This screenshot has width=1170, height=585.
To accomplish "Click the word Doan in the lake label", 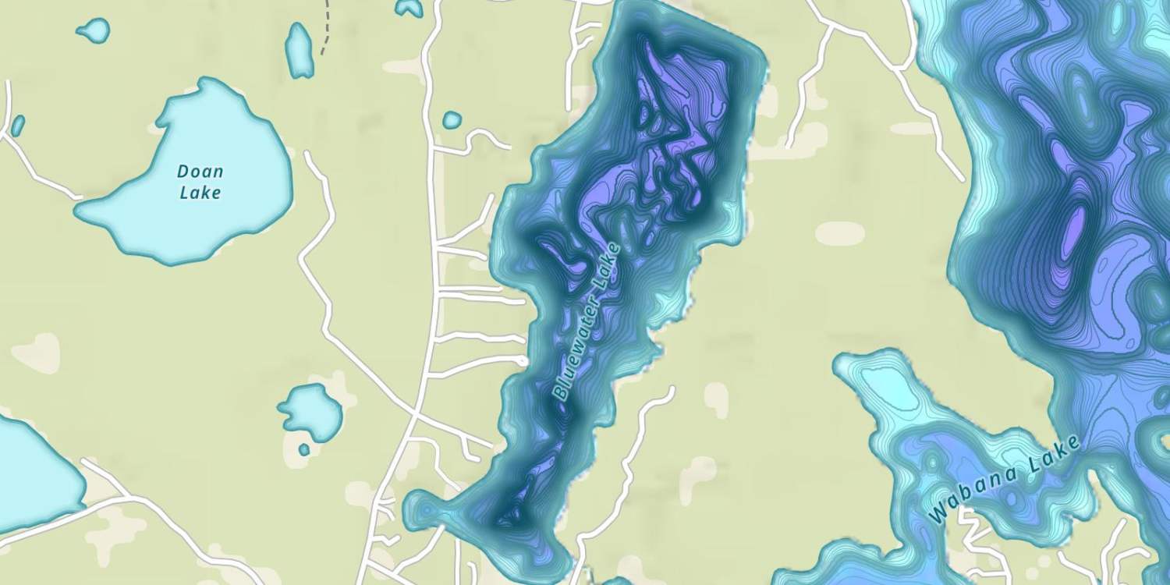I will (200, 172).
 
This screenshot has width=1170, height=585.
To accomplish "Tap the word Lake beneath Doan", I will (200, 192).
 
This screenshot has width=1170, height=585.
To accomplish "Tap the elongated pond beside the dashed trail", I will (299, 50).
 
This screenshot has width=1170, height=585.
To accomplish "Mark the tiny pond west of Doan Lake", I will (17, 125).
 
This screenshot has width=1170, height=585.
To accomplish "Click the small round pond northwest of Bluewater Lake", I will (452, 120).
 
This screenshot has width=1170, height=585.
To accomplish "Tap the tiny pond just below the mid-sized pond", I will (304, 449).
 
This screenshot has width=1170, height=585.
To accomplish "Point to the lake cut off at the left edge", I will (31, 476).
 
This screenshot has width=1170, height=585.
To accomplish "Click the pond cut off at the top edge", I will (409, 7).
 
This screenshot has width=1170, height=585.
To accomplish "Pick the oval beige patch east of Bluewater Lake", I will (840, 232).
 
